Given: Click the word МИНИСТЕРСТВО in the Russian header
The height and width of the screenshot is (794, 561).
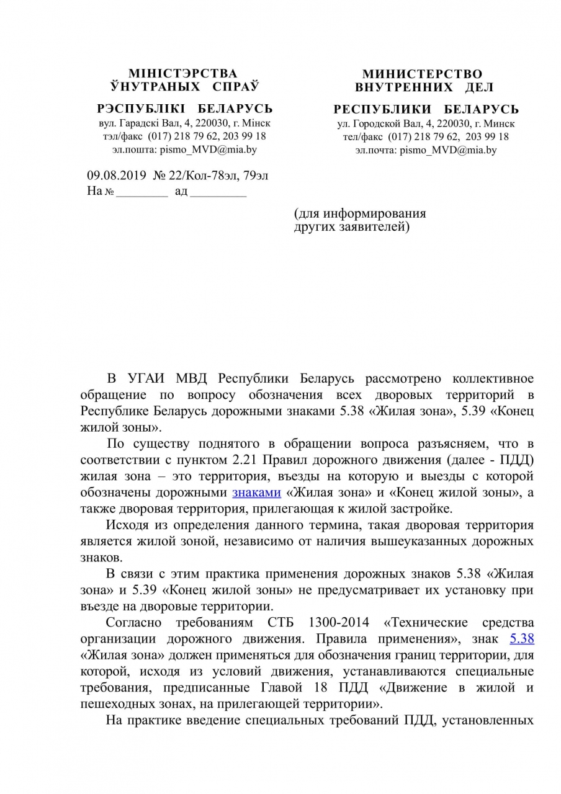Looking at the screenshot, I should tap(423, 74).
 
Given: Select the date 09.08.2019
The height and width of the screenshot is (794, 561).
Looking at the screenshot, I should tap(115, 176).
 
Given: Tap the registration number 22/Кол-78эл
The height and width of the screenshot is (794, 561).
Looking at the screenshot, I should tap(208, 176).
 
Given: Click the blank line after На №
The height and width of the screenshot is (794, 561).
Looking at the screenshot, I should tap(142, 192).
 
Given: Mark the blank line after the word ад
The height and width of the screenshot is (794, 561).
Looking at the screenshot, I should tap(218, 192).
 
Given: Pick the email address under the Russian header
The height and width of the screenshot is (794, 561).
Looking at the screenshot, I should tap(452, 149).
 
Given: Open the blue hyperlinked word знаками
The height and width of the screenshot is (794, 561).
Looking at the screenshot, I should tap(256, 493).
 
